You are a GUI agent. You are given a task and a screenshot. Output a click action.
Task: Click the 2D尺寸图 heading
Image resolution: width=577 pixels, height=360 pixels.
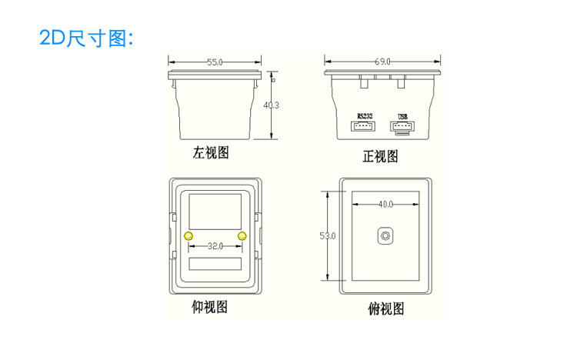click(x=86, y=38)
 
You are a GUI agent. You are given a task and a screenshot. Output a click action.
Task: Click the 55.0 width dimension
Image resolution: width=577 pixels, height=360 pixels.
click(x=215, y=62)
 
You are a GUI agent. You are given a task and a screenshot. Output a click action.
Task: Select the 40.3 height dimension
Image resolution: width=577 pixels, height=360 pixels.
click(x=271, y=105)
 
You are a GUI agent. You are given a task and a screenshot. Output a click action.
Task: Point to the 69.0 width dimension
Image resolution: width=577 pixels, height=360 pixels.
click(x=382, y=61)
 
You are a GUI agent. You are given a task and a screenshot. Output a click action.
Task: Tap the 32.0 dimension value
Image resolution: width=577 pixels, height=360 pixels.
click(x=215, y=246)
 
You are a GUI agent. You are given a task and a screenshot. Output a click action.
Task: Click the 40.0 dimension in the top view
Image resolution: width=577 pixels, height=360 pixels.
click(x=385, y=204)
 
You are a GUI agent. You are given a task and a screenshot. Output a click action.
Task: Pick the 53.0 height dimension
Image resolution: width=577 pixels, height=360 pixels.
click(x=328, y=236)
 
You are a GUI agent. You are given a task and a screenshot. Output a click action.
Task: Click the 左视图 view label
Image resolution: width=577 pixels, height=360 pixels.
click(x=210, y=153)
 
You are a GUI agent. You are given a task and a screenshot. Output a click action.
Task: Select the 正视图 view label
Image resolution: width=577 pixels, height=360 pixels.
click(x=381, y=157)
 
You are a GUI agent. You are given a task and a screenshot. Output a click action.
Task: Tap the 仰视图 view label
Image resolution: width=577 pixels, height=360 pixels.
click(x=209, y=307)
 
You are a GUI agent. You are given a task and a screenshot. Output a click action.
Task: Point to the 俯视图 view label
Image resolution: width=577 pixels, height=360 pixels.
click(x=386, y=310)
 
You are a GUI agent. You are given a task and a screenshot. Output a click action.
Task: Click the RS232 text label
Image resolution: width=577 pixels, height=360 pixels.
click(x=365, y=115)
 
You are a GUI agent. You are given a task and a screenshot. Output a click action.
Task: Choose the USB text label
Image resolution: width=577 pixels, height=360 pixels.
click(x=402, y=116)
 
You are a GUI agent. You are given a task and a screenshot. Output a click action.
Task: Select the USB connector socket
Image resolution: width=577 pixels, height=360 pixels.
click(x=402, y=127)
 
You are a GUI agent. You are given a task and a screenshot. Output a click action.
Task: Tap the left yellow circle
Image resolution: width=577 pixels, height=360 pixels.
click(x=189, y=235)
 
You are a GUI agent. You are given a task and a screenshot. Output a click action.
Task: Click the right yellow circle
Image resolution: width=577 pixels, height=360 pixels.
click(x=242, y=235)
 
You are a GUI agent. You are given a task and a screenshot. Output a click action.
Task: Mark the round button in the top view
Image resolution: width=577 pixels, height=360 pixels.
click(x=384, y=236)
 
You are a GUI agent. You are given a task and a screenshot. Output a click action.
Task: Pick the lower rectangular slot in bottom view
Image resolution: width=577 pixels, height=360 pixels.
click(x=216, y=263)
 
